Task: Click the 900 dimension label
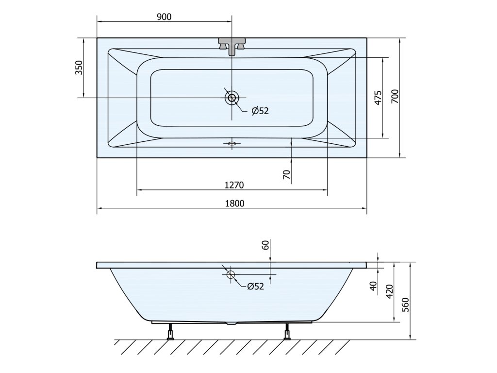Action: (164, 17)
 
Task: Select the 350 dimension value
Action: (79, 68)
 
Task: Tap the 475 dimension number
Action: (378, 97)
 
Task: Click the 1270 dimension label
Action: (233, 185)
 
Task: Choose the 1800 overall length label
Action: (233, 203)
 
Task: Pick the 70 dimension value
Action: (287, 175)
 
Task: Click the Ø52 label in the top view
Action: (260, 111)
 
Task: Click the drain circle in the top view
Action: (232, 98)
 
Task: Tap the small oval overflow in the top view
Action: (232, 143)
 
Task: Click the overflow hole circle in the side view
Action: (231, 275)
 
